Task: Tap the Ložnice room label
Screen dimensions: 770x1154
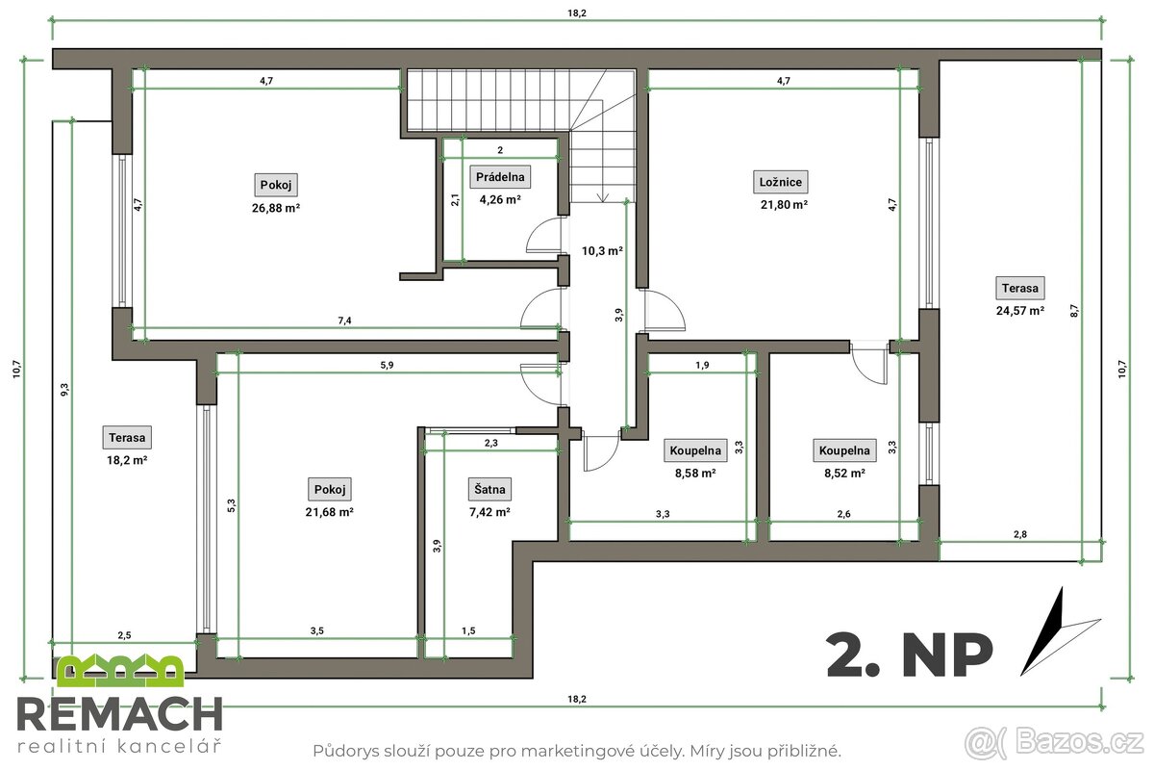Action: tap(781, 181)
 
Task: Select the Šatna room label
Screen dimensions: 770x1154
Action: tap(489, 489)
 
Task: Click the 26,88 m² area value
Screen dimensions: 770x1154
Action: tap(276, 207)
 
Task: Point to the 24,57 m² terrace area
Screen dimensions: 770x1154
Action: tap(1020, 310)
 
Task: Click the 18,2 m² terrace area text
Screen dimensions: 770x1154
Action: tap(127, 460)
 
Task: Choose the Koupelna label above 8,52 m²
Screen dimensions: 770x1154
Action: tap(844, 450)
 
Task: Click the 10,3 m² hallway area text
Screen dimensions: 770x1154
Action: tap(602, 250)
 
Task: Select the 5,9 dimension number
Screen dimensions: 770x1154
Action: tap(386, 365)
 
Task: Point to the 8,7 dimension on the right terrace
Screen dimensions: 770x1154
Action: tap(1100, 310)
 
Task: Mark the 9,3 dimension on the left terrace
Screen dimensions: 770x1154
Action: tap(63, 389)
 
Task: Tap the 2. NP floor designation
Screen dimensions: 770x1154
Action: tap(909, 654)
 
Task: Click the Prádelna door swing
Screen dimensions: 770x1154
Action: tap(544, 236)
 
